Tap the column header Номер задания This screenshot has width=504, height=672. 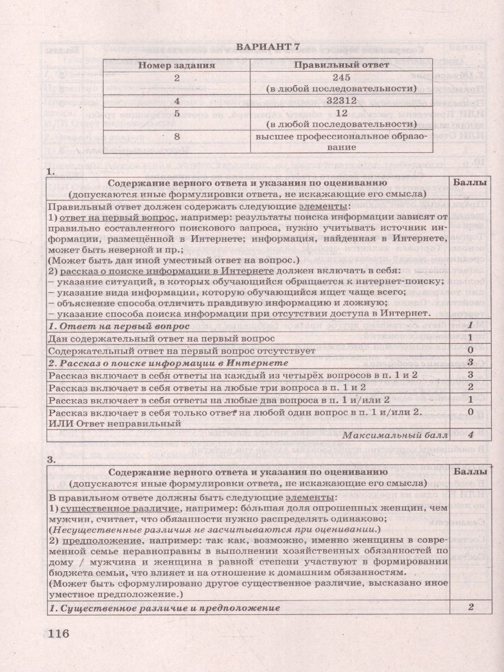coord(177,65)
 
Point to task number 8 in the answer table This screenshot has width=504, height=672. coord(177,136)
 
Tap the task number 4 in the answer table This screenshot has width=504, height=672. coord(177,101)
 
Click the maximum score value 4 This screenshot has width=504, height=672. coord(472,434)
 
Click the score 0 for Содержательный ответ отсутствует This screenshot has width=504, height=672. coord(472,350)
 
